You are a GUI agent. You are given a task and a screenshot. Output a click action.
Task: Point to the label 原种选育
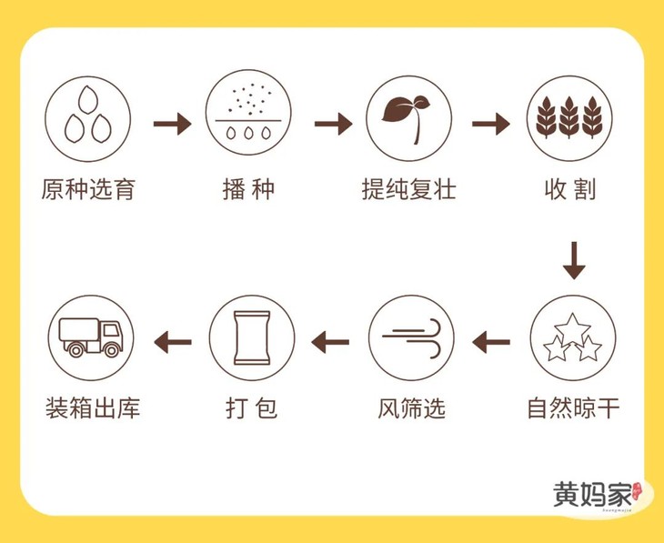click(88, 191)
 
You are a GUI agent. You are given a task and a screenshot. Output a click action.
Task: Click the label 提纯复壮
click(408, 191)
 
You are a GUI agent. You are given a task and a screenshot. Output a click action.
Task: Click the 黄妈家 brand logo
click(596, 495)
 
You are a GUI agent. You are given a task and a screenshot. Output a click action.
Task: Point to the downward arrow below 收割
click(573, 261)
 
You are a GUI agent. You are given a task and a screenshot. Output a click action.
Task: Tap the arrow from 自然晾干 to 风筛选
click(491, 342)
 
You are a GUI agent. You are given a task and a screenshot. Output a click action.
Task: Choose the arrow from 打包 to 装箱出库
click(173, 342)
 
